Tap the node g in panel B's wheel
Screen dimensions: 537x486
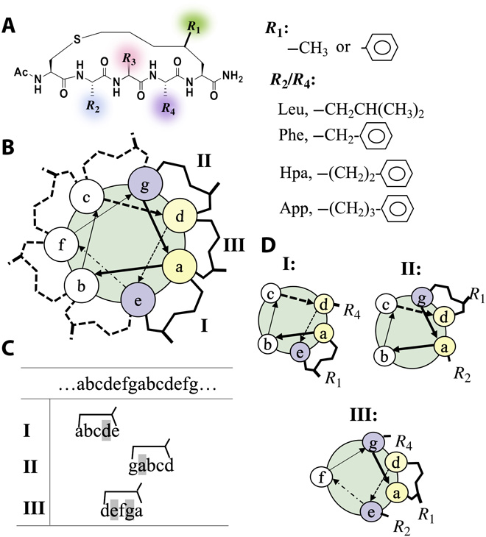[x=140, y=180]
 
